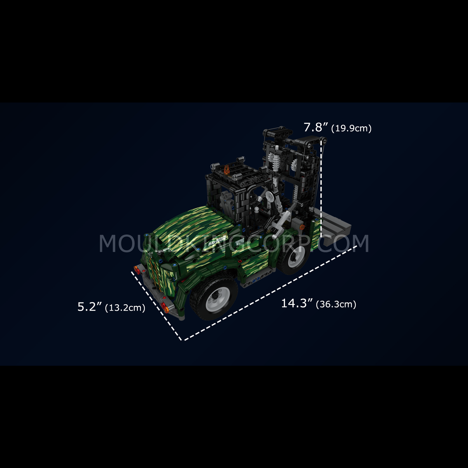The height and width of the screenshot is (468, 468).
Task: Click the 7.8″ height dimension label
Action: pyautogui.click(x=316, y=128)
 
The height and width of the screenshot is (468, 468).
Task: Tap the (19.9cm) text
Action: pyautogui.click(x=351, y=128)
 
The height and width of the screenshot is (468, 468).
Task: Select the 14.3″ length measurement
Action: pyautogui.click(x=297, y=303)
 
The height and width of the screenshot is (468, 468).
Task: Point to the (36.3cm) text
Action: pyautogui.click(x=336, y=304)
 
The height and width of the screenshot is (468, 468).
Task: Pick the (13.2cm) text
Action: pyautogui.click(x=125, y=308)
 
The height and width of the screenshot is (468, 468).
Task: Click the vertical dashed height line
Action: pyautogui.click(x=321, y=189)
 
